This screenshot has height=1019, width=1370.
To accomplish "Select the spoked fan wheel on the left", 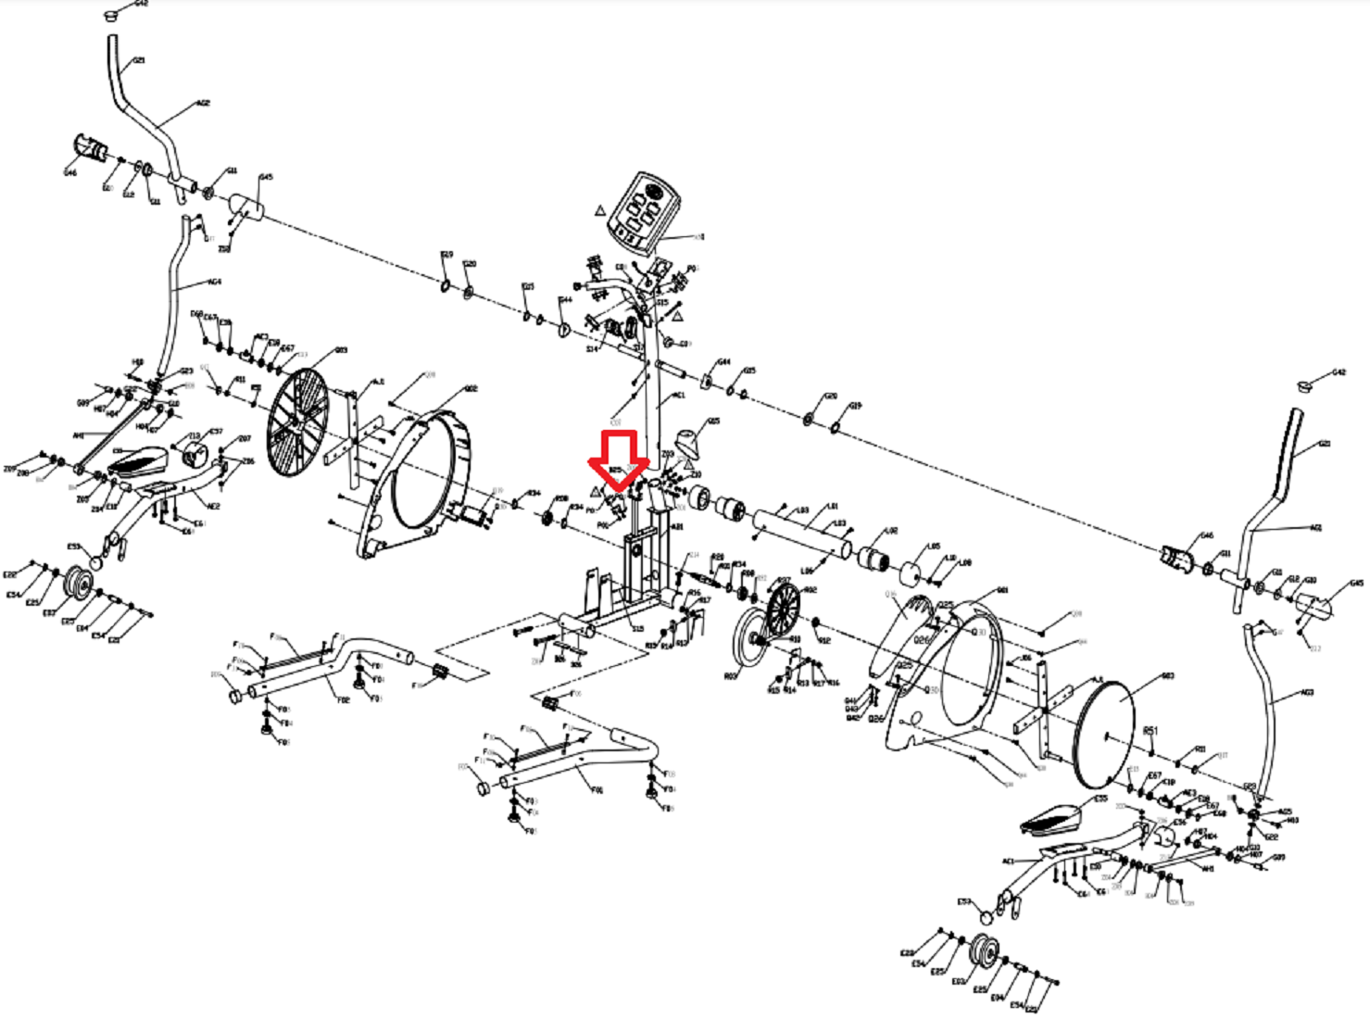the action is tap(297, 422).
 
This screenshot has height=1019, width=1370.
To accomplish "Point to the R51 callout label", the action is tap(1150, 731).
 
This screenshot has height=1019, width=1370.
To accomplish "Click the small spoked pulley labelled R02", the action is tap(783, 609).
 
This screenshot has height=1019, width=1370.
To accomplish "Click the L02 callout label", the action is tap(891, 531).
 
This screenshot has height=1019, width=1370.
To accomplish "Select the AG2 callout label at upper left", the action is tap(203, 103).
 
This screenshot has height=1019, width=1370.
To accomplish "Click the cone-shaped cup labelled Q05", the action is tap(686, 444).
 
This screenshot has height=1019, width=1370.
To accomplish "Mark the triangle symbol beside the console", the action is tap(600, 210).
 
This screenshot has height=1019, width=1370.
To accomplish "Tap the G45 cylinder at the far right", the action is tap(1314, 607).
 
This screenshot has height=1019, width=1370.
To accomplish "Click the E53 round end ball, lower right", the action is tap(986, 917).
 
